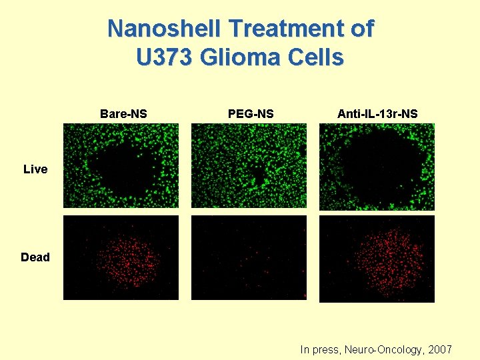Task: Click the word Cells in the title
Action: [319, 57]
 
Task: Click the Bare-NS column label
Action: [123, 114]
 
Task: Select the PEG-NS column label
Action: [251, 114]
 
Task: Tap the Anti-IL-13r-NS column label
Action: [377, 114]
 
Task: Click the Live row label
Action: [35, 169]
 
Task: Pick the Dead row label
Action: [35, 257]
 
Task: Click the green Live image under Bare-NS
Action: [121, 166]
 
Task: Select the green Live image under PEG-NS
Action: [249, 166]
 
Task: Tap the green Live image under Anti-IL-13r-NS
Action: [377, 167]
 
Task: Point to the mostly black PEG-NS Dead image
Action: [249, 257]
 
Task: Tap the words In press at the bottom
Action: [320, 349]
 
